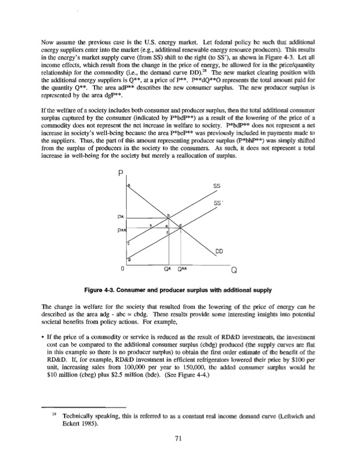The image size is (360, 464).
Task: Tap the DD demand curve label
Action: (x=219, y=252)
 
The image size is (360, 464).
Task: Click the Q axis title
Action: (x=234, y=270)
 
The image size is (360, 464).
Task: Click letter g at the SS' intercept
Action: (x=129, y=259)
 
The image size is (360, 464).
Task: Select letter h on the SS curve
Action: (x=151, y=225)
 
